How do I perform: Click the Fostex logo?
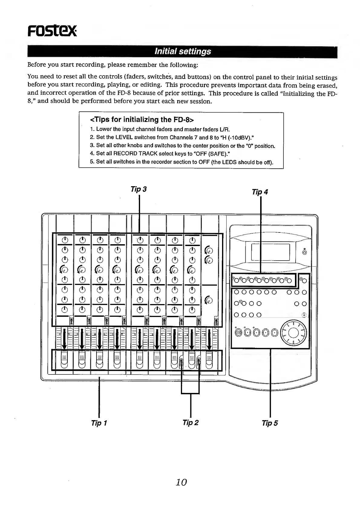pos(52,31)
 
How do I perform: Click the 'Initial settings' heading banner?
pos(182,51)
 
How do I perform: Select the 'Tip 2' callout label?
pos(190,422)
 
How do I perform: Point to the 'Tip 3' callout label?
pos(139,189)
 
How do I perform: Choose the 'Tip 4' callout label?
pos(260,192)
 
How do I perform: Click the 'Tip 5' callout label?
pos(270,423)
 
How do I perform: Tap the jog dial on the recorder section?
pos(294,332)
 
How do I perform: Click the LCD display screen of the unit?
pos(270,252)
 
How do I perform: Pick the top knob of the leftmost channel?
pos(64,240)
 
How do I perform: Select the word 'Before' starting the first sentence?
pos(36,65)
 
